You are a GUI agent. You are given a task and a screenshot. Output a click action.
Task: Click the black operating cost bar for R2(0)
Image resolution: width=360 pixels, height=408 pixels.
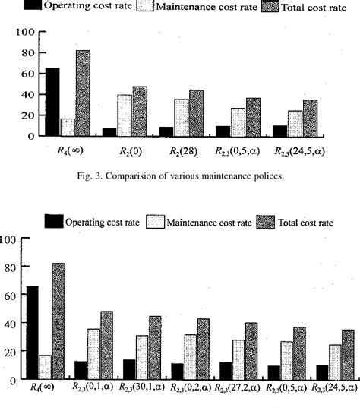click(x=109, y=132)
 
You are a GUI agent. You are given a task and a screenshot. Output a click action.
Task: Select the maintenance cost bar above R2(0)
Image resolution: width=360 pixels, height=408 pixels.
click(x=124, y=115)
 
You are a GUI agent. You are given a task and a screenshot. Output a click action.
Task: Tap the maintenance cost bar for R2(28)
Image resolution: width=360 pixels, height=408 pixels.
click(x=182, y=118)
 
